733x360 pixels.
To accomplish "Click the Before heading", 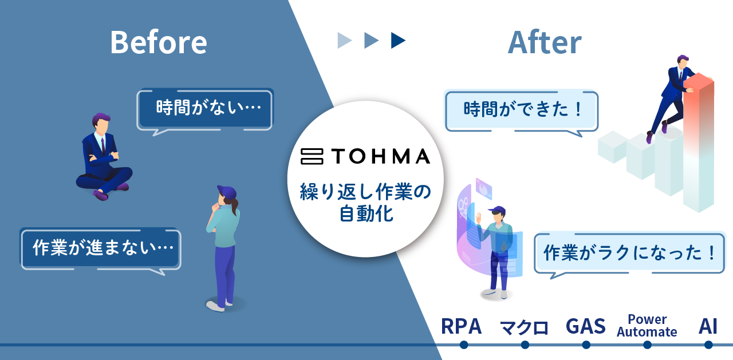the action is click(x=159, y=42).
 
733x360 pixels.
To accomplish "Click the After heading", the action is click(x=545, y=42).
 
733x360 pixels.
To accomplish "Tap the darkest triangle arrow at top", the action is click(x=398, y=41).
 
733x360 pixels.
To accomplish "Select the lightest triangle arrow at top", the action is click(x=344, y=41).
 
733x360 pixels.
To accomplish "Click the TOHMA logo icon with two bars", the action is click(x=312, y=156).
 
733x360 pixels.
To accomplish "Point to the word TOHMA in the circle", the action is click(x=381, y=156).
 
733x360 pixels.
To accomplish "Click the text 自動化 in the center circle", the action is click(x=366, y=214).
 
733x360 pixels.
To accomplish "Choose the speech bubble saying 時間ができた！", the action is click(x=521, y=112).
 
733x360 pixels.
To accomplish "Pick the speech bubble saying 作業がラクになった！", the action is click(x=629, y=254).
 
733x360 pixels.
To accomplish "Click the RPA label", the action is click(x=462, y=326).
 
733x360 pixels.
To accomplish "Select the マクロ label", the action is click(x=524, y=327).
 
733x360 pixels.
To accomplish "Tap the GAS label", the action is click(x=586, y=326).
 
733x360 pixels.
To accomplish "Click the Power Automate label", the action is click(x=647, y=326).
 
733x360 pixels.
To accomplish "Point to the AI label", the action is click(x=708, y=326).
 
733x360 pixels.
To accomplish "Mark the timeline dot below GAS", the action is click(x=586, y=345).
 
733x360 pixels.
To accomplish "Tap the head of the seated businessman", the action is click(x=101, y=123).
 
